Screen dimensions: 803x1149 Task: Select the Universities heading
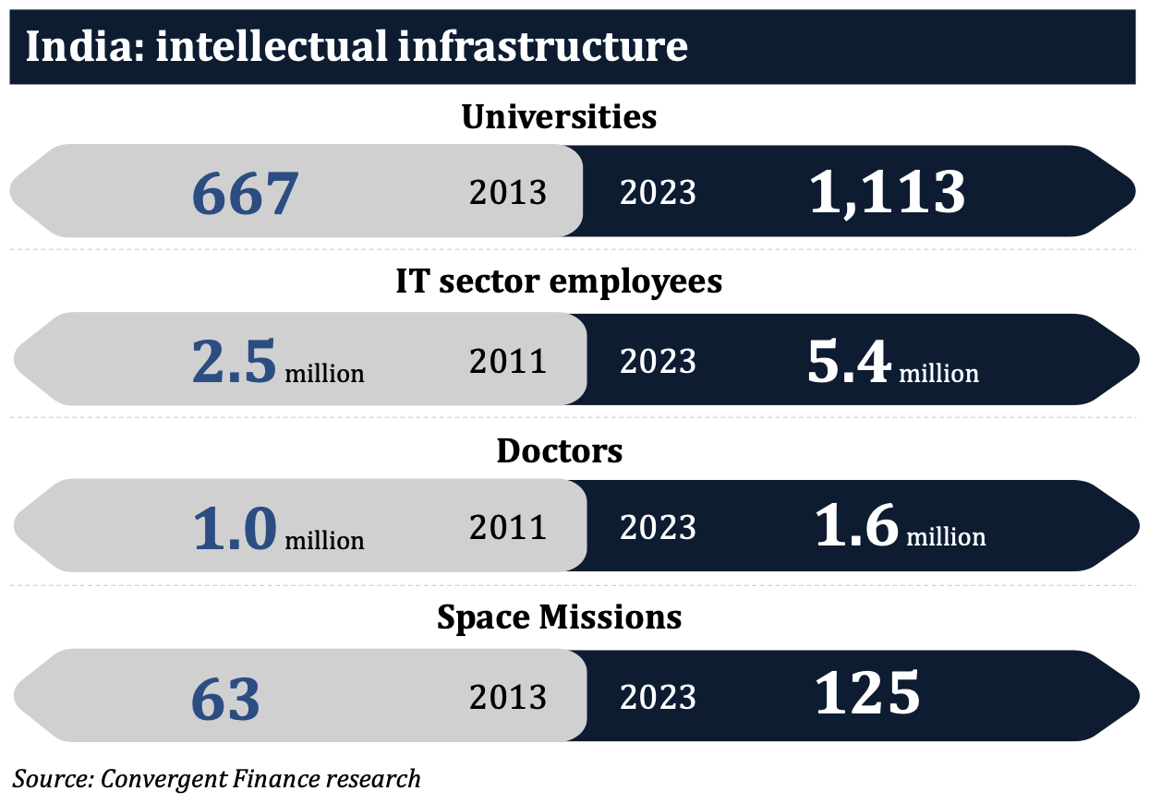pyautogui.click(x=559, y=117)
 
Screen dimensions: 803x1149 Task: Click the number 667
pyautogui.click(x=246, y=194)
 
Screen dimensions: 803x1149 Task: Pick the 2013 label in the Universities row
pyautogui.click(x=508, y=193)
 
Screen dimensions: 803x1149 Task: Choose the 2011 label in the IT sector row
pyautogui.click(x=508, y=361)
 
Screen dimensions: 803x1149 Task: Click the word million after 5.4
pyautogui.click(x=938, y=373)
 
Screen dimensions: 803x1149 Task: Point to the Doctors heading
pyautogui.click(x=559, y=451)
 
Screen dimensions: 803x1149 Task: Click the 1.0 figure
pyautogui.click(x=235, y=529)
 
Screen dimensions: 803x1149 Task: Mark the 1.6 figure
pyautogui.click(x=856, y=527)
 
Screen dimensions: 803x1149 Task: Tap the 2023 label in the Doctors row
pyautogui.click(x=658, y=528)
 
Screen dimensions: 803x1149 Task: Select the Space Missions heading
pyautogui.click(x=559, y=617)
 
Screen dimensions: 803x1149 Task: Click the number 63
pyautogui.click(x=225, y=699)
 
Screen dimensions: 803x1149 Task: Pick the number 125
pyautogui.click(x=867, y=694)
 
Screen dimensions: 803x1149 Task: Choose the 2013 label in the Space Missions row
pyautogui.click(x=508, y=697)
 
